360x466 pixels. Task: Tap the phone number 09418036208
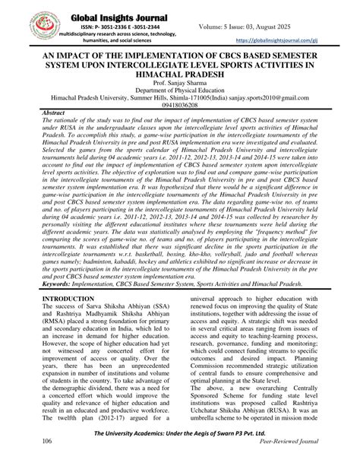click(x=180, y=119)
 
